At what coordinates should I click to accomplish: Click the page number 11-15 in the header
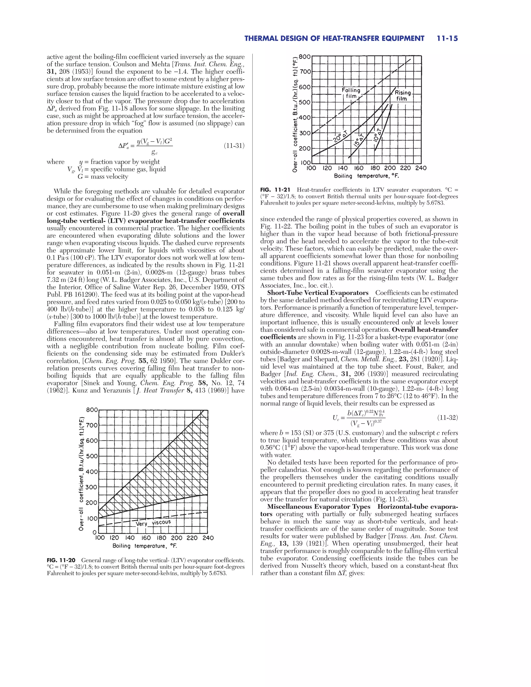pyautogui.click(x=447, y=39)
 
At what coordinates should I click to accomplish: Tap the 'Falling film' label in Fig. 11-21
pyautogui.click(x=351, y=93)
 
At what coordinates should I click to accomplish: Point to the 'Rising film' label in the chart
pyautogui.click(x=402, y=96)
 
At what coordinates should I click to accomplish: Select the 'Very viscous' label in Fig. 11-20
pyautogui.click(x=153, y=523)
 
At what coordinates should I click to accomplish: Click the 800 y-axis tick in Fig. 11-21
pyautogui.click(x=304, y=57)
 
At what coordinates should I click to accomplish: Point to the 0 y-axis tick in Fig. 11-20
pyautogui.click(x=94, y=532)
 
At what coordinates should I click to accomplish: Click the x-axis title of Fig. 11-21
pyautogui.click(x=366, y=176)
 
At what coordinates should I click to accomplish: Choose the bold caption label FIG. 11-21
pyautogui.click(x=276, y=190)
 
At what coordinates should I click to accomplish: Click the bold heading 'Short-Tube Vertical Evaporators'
pyautogui.click(x=318, y=293)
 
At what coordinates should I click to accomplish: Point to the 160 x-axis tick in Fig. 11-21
pyautogui.click(x=359, y=168)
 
